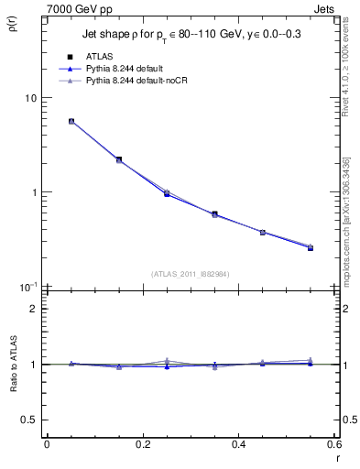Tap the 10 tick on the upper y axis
click(29, 98)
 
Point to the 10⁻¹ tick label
click(27, 287)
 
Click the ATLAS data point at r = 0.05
click(71, 121)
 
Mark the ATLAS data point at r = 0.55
click(311, 247)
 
